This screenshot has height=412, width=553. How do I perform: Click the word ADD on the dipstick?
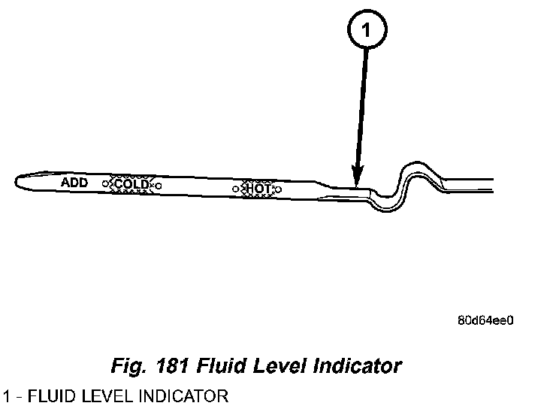point(74,183)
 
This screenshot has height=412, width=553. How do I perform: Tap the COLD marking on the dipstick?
point(131,184)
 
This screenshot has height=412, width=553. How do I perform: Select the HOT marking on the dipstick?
point(257,188)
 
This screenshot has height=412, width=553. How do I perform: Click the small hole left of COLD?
point(105,183)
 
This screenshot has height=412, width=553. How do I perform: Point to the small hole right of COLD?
point(158,185)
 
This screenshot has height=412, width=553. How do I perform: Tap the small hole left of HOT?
point(235,188)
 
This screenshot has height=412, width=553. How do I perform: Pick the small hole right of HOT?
point(278,189)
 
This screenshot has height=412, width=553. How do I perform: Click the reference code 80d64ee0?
point(485,320)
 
